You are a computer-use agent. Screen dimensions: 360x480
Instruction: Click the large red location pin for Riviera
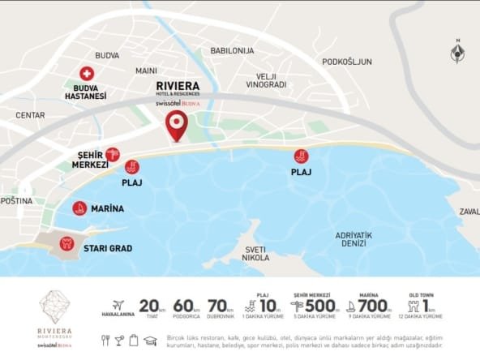pyautogui.click(x=176, y=125)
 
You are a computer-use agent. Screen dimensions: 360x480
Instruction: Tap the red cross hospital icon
pyautogui.click(x=87, y=73)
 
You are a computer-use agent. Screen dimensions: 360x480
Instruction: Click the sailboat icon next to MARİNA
pyautogui.click(x=79, y=208)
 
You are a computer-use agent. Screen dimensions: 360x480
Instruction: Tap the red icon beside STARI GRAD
pyautogui.click(x=67, y=242)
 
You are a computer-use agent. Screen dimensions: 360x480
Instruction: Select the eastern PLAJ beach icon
pyautogui.click(x=301, y=156)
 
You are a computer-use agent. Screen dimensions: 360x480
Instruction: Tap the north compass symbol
pyautogui.click(x=458, y=52)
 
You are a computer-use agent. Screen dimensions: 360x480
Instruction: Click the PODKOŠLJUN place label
pyautogui.click(x=346, y=62)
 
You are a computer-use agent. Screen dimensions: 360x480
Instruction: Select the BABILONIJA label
pyautogui.click(x=232, y=50)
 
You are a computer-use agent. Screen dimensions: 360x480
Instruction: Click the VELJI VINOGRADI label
pyautogui.click(x=266, y=80)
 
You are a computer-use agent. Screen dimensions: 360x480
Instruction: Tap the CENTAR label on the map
pyautogui.click(x=30, y=115)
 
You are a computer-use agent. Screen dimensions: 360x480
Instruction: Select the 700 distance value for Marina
pyautogui.click(x=370, y=306)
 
